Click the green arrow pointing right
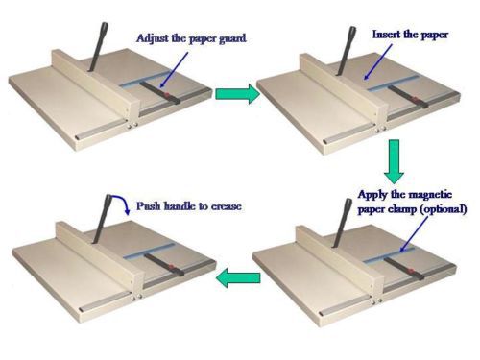coord(237,93)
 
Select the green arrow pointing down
coord(394,161)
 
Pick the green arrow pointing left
coord(238,277)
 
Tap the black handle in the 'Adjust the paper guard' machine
coord(98,46)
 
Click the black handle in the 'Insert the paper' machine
coord(345,51)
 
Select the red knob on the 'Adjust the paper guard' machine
coord(166,95)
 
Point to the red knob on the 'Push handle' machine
coord(171,267)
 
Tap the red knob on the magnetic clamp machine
coord(411,272)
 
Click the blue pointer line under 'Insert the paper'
coord(378,61)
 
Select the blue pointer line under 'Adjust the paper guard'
coord(174,69)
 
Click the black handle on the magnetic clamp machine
coord(342,223)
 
